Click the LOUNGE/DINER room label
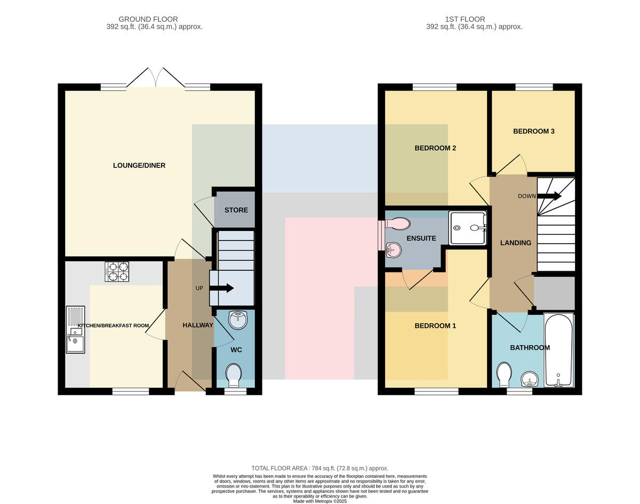click(139, 165)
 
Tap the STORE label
click(236, 210)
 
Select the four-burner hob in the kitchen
click(117, 271)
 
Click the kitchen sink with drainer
click(76, 330)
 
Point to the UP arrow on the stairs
click(221, 288)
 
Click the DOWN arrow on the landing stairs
click(549, 196)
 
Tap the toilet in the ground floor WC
click(234, 376)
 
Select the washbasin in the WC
click(238, 320)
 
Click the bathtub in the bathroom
click(559, 350)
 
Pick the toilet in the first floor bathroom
click(504, 374)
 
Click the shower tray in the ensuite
click(468, 228)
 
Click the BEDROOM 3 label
click(534, 131)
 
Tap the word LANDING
click(516, 243)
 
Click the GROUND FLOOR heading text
click(148, 19)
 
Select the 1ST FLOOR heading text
click(465, 19)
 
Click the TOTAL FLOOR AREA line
click(320, 468)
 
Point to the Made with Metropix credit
click(320, 501)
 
